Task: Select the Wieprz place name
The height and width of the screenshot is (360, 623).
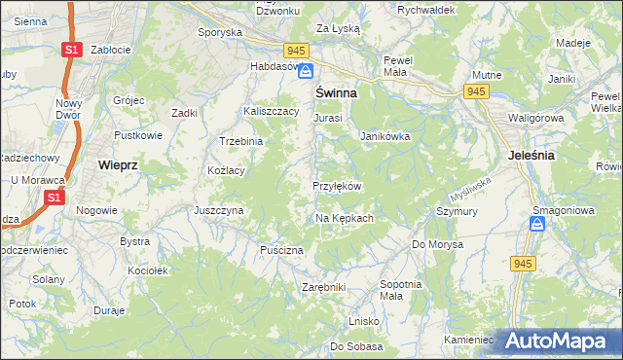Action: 118,165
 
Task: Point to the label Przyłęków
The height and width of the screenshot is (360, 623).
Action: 337,186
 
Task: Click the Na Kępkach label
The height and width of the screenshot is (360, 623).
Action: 345,218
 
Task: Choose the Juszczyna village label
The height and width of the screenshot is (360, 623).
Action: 218,209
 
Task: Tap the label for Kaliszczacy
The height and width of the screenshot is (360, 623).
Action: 271,112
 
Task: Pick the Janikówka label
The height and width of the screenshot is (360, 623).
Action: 385,137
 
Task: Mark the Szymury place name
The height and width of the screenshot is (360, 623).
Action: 456,210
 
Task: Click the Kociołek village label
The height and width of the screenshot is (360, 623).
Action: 149,270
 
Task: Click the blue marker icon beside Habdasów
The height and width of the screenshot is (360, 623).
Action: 306,71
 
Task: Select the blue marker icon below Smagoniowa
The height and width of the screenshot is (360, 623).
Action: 536,224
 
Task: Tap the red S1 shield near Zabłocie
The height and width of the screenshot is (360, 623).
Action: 70,49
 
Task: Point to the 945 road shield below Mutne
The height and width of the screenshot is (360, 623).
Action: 476,91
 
